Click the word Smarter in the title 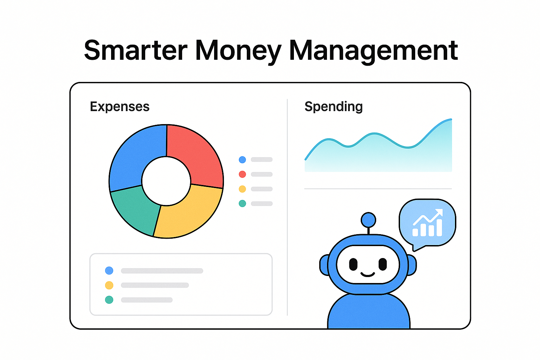tap(135, 50)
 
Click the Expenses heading tap(120, 107)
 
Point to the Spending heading tap(333, 107)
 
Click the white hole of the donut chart tap(166, 181)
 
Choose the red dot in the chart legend tap(242, 174)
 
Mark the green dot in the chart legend tap(242, 204)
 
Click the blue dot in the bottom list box tap(109, 271)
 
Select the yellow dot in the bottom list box tap(109, 285)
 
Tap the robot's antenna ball tap(368, 220)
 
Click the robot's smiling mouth tap(368, 274)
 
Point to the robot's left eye tap(353, 264)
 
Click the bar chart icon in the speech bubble tap(427, 223)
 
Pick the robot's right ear tap(412, 265)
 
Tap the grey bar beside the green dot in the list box tap(147, 300)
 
